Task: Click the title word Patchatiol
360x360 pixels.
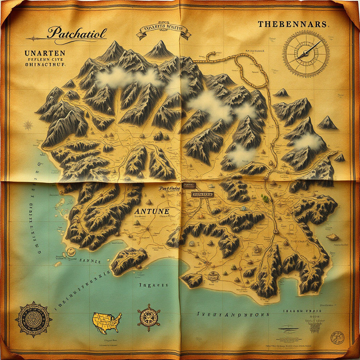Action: (x=77, y=34)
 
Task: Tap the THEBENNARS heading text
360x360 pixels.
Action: (x=292, y=25)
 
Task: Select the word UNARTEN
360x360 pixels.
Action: (x=45, y=53)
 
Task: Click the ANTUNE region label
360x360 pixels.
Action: (x=152, y=211)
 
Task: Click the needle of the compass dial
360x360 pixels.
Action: (x=310, y=49)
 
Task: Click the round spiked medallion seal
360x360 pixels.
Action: (x=33, y=319)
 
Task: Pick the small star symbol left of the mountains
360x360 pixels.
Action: (x=28, y=125)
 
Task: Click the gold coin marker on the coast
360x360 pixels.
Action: (x=71, y=251)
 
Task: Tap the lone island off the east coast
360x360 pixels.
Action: (x=332, y=237)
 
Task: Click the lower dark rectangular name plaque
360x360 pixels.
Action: (x=202, y=194)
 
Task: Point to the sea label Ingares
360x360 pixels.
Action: (x=154, y=285)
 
